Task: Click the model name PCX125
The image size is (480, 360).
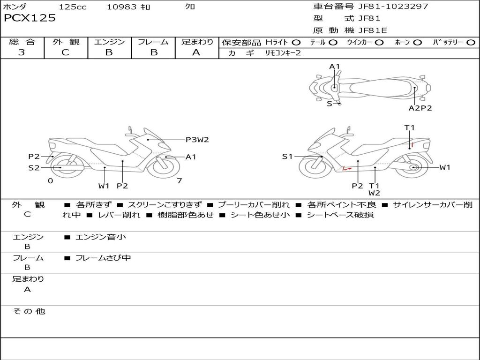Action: (30, 18)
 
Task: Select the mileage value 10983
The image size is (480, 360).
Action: (121, 7)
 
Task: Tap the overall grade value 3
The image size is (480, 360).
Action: (22, 52)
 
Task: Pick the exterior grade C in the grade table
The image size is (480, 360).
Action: (65, 52)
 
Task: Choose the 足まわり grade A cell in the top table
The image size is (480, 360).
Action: (196, 52)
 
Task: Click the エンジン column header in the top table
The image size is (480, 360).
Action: (109, 42)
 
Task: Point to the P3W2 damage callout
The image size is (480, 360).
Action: (197, 139)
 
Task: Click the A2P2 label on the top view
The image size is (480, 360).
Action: (420, 108)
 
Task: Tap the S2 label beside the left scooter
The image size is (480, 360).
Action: (34, 167)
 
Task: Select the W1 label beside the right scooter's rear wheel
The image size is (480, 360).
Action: (444, 167)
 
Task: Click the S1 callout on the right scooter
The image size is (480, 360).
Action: (287, 157)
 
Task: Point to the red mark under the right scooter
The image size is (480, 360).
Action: (347, 168)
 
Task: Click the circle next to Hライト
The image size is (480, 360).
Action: (296, 42)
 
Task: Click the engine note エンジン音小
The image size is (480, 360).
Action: (101, 237)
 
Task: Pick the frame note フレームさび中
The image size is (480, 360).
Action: (103, 258)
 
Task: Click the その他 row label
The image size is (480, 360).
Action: (29, 311)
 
